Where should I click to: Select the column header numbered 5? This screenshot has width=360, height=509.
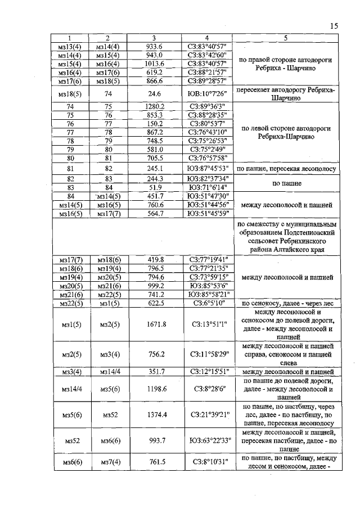(x=286, y=38)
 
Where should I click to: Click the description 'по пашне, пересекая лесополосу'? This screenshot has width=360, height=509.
(x=286, y=168)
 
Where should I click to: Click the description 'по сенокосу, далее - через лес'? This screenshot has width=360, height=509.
(x=286, y=303)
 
